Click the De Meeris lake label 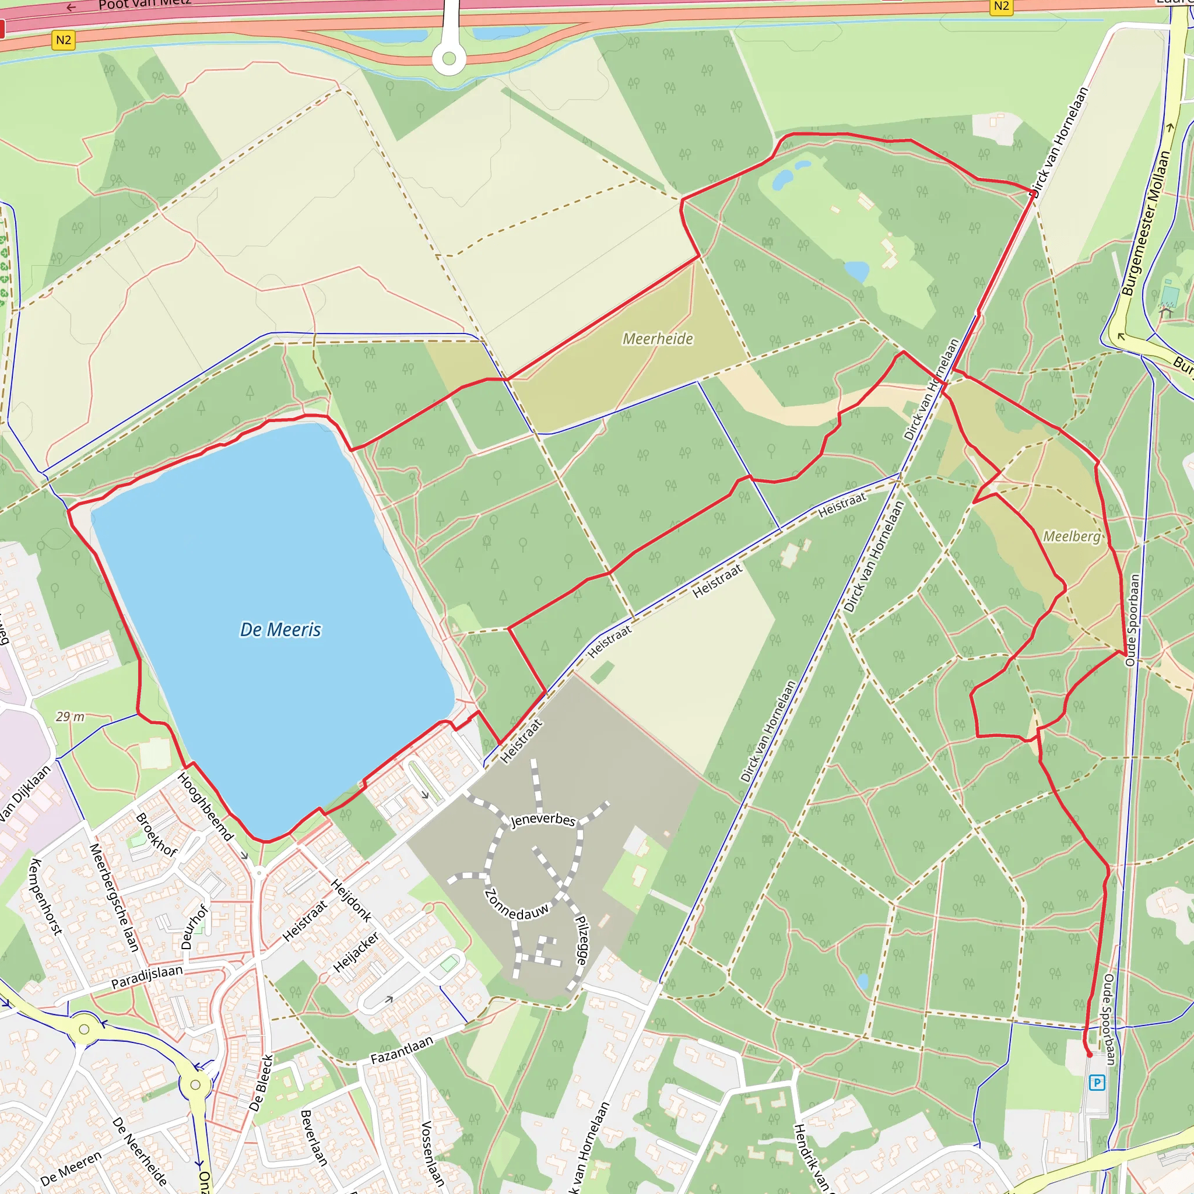(x=280, y=630)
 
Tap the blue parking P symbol (x=1097, y=1082)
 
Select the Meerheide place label (x=658, y=339)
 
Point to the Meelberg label (x=1072, y=536)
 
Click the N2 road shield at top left (x=63, y=41)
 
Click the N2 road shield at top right (x=1001, y=6)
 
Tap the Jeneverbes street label (x=543, y=820)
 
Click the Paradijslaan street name (x=147, y=977)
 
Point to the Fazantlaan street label (x=402, y=1050)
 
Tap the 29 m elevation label (x=70, y=717)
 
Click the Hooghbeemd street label (x=205, y=807)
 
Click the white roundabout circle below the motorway (x=449, y=59)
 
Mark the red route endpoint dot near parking (x=1090, y=1055)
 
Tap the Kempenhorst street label (x=45, y=897)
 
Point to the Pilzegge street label (x=582, y=940)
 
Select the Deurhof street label (x=195, y=927)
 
